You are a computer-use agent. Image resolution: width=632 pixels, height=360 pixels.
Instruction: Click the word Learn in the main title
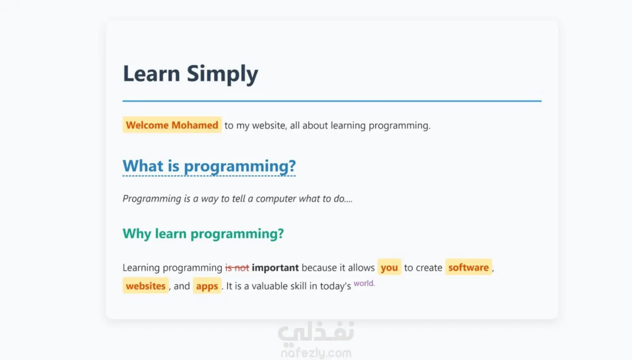151,73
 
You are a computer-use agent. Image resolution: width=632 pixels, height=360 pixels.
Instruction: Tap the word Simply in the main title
222,75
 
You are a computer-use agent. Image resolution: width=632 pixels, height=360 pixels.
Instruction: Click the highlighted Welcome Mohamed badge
172,125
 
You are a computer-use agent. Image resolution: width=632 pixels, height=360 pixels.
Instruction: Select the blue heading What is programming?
209,166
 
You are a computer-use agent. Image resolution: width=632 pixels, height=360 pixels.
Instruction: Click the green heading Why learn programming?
203,234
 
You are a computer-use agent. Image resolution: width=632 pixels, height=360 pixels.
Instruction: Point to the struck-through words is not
237,268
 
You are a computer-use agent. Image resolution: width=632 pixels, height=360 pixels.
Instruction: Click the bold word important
275,268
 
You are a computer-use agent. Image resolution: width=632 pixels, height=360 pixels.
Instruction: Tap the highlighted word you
389,267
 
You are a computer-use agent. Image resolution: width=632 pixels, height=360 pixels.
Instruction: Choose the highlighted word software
468,267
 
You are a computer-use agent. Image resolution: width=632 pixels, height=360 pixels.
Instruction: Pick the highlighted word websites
146,285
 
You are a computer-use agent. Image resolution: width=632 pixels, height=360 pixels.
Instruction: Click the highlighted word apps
207,285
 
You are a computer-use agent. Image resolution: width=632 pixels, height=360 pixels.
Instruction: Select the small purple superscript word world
364,283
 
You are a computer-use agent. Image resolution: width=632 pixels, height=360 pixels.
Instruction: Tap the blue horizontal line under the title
332,101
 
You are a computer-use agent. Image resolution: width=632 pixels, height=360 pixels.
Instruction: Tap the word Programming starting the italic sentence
152,199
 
